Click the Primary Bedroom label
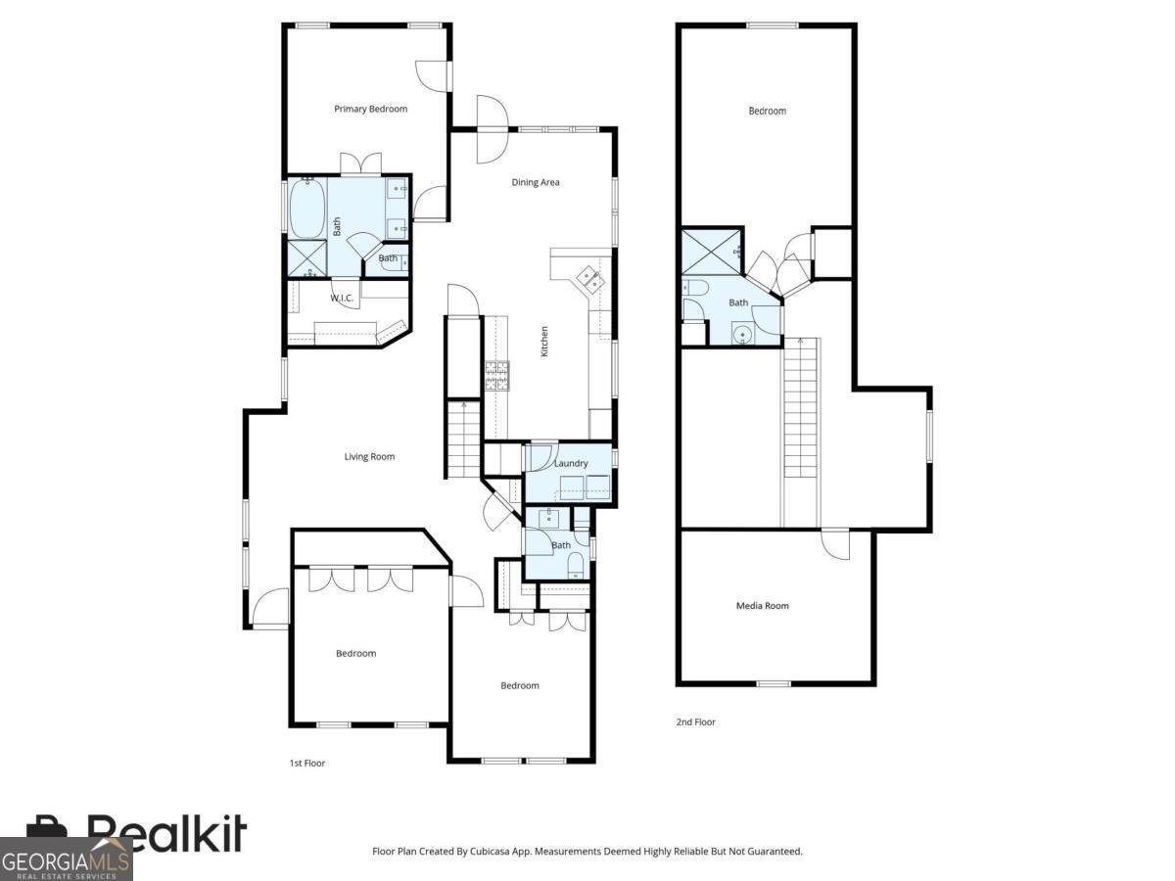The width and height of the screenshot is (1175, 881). [x=370, y=109]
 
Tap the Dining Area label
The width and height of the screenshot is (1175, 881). [x=536, y=182]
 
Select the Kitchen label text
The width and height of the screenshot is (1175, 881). [x=544, y=342]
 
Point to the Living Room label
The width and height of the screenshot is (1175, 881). [x=369, y=456]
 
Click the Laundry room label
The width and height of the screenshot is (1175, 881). [x=571, y=463]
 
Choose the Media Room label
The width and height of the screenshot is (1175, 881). [x=762, y=606]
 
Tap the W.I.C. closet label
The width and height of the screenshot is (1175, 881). [x=342, y=298]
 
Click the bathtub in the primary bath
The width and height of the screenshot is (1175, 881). [x=307, y=208]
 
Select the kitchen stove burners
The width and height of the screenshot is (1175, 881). [x=497, y=375]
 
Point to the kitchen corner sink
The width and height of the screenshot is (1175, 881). [x=590, y=279]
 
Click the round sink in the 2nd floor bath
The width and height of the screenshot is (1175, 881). [x=743, y=336]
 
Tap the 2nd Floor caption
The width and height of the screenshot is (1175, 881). [x=695, y=722]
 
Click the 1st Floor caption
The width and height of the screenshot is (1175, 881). [x=307, y=764]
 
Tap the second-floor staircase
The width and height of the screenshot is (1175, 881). [x=802, y=433]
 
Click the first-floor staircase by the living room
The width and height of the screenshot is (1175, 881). [x=463, y=440]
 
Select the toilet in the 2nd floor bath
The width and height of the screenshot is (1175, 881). [x=695, y=289]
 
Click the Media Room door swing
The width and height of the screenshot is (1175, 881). [x=835, y=544]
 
